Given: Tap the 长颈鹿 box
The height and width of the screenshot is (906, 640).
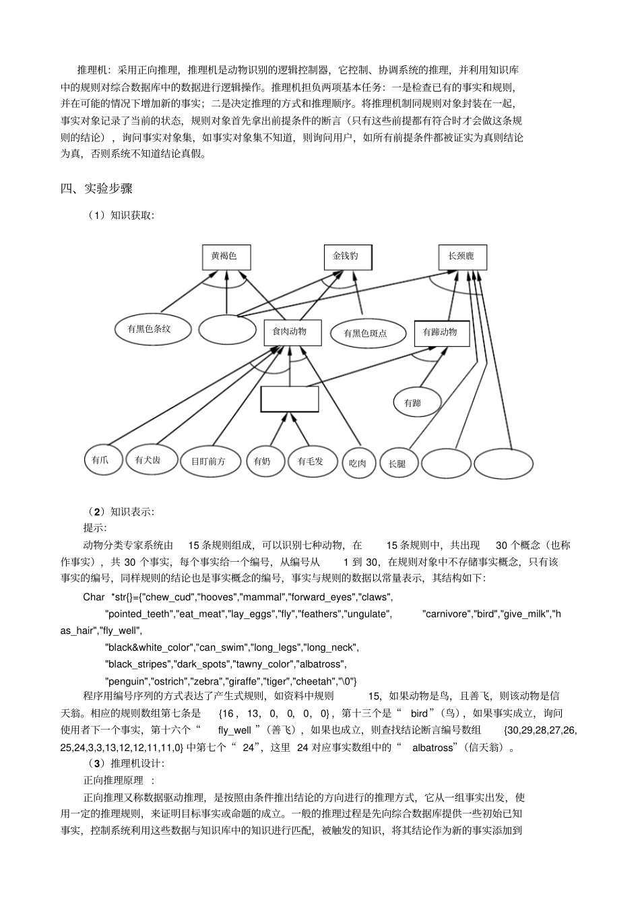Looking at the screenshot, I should [x=461, y=257].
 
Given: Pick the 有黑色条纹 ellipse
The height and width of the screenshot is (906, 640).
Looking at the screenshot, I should [x=150, y=329].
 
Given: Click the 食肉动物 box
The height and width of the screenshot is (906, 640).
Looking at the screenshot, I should [x=291, y=331].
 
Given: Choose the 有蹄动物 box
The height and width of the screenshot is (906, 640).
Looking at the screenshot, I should [x=441, y=332].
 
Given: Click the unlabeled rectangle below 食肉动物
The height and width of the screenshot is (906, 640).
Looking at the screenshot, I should [x=290, y=399].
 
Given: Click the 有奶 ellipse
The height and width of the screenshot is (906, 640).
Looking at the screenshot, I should [x=263, y=461].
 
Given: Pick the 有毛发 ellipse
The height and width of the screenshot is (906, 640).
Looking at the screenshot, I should [x=311, y=461].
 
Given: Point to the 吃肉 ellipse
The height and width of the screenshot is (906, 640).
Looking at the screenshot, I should [x=358, y=463].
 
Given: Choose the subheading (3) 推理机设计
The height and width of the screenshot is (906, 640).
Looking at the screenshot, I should [x=125, y=763].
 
